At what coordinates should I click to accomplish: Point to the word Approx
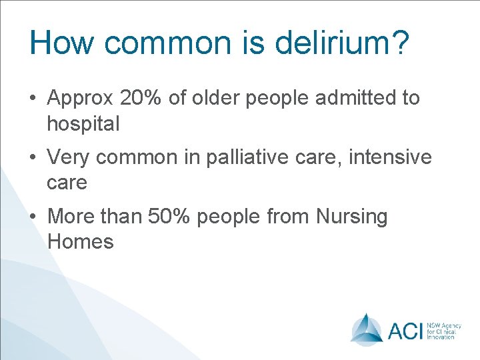click(81, 99)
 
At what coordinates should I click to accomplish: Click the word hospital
click(83, 123)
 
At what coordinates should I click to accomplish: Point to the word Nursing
click(351, 217)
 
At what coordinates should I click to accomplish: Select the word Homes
click(81, 241)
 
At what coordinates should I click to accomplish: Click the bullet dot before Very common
click(33, 159)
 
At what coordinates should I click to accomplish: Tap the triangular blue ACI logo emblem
click(367, 328)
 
